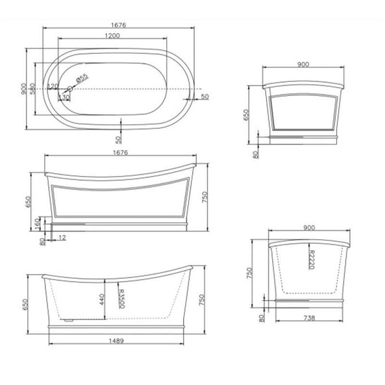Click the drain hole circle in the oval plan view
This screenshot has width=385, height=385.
tap(70, 89)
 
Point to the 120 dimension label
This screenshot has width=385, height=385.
tap(53, 86)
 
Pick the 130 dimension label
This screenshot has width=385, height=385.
tap(64, 97)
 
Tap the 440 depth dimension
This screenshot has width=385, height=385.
tap(102, 299)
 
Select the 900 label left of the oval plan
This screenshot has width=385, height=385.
tap(24, 89)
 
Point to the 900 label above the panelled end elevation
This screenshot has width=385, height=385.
tap(302, 64)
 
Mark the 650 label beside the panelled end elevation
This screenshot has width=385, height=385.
tap(248, 114)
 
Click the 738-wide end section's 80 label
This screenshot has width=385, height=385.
tap(262, 317)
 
